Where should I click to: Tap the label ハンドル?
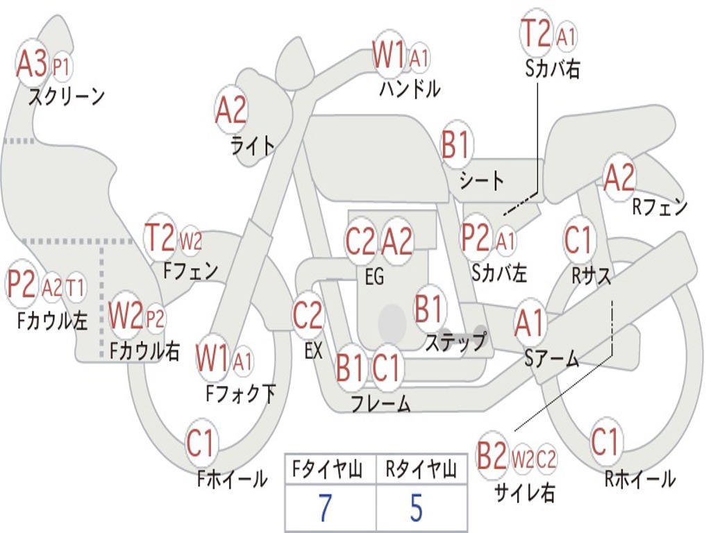(x=410, y=89)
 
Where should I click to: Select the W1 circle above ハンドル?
(x=389, y=55)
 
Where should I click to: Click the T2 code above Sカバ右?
(x=536, y=33)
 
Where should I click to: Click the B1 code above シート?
(x=456, y=146)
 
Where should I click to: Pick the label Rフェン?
(x=659, y=207)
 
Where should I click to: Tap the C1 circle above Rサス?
(x=578, y=240)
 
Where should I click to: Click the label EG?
(x=374, y=277)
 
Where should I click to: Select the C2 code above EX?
(x=308, y=316)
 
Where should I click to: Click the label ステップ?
(x=455, y=342)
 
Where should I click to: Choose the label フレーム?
(x=380, y=403)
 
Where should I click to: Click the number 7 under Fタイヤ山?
(x=325, y=508)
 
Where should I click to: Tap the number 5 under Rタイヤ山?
(x=416, y=508)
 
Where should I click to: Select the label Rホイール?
(x=639, y=478)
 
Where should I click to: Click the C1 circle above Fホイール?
(x=201, y=444)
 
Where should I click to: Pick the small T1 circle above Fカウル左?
(x=76, y=287)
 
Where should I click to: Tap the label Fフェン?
(x=190, y=270)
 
